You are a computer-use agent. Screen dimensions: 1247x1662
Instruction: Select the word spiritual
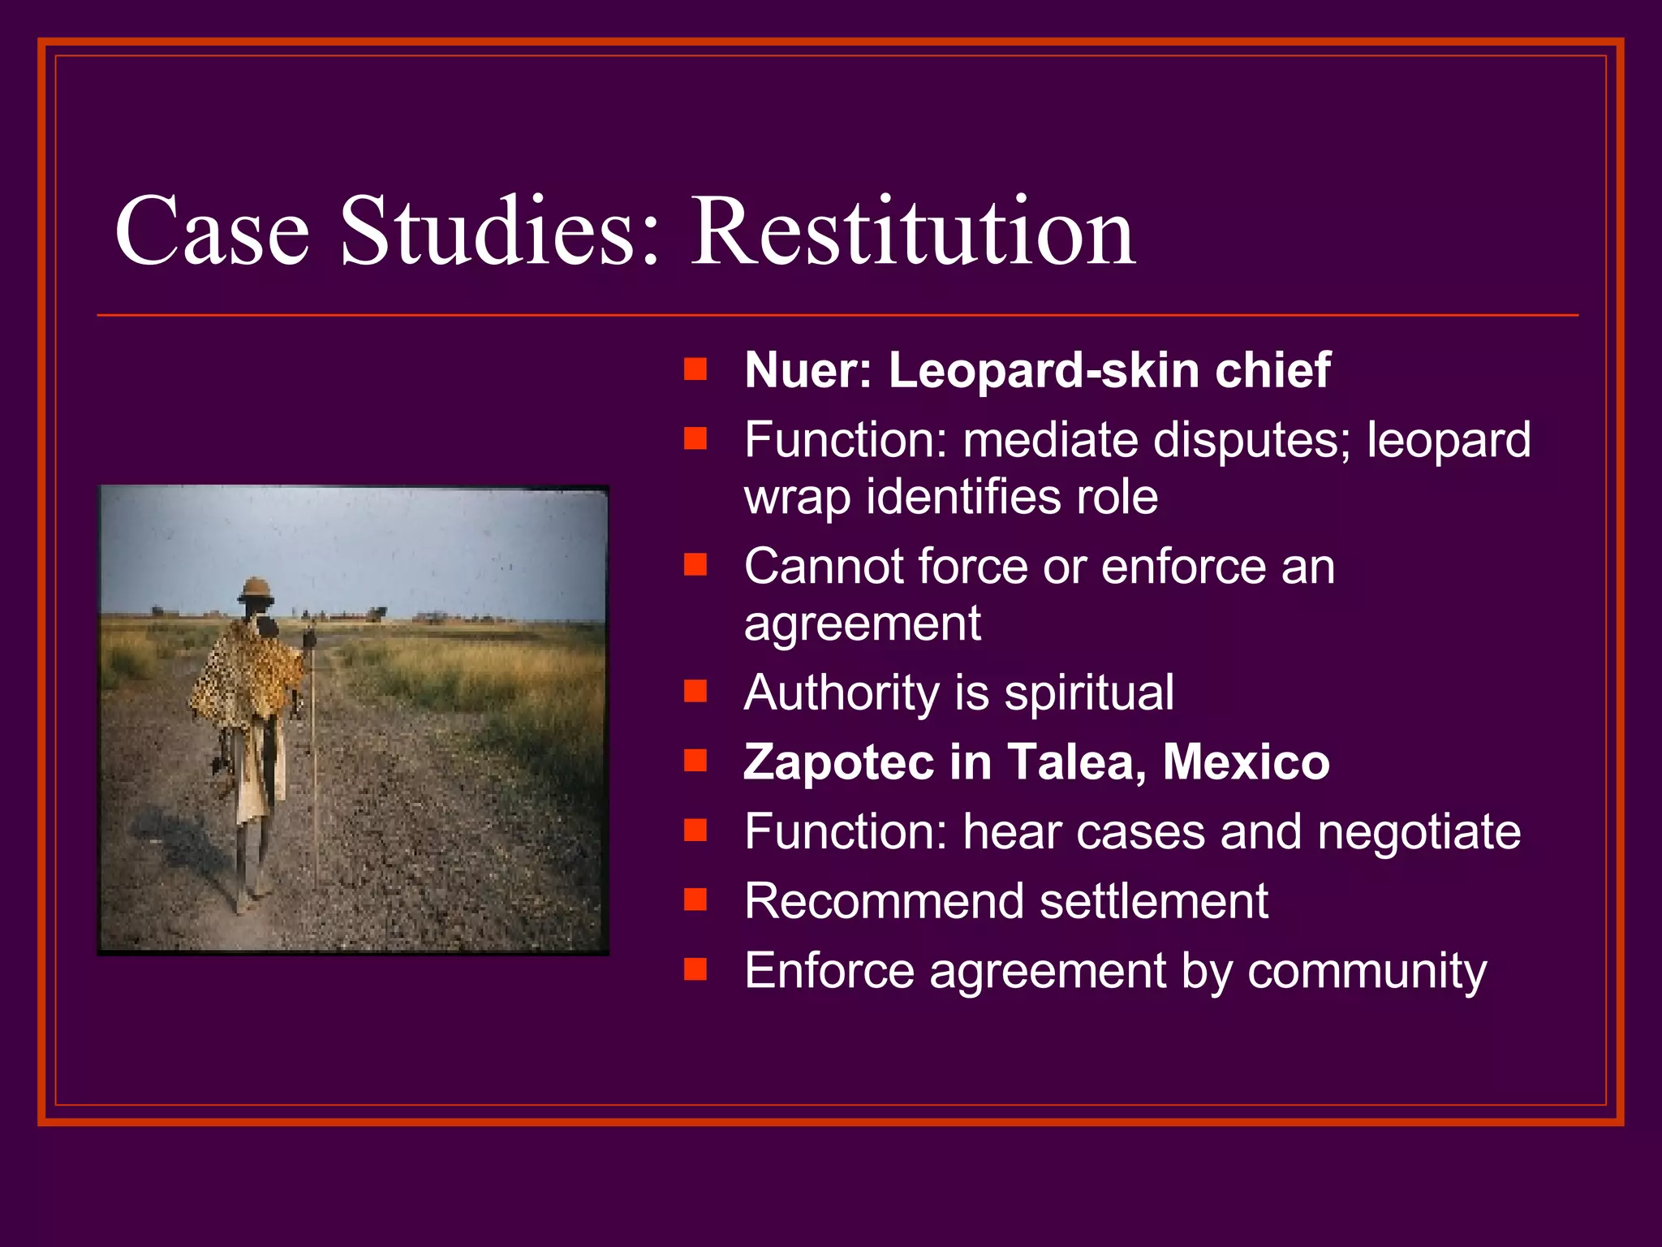coord(1089,693)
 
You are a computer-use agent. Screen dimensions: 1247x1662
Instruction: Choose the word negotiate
coord(1419,833)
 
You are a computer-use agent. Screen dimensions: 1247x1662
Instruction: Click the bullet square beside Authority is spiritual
coord(695,692)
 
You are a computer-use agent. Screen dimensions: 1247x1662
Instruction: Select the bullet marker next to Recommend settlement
coord(695,900)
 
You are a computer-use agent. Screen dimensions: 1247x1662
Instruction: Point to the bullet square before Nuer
coord(695,370)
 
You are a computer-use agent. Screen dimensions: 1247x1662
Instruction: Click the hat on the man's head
coord(256,589)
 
